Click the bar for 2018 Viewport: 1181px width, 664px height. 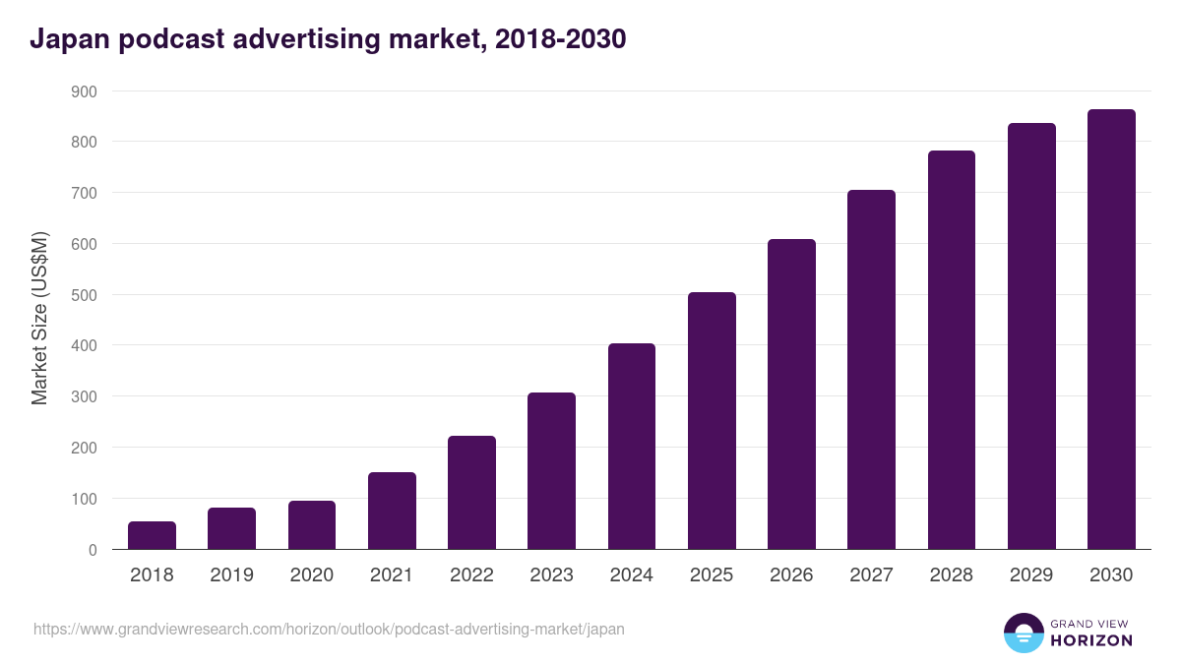coord(152,535)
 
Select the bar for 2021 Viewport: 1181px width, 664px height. coord(392,511)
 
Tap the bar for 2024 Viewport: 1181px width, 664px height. coord(632,447)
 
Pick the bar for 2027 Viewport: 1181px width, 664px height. coord(871,370)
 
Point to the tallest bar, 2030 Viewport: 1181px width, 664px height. coord(1111,330)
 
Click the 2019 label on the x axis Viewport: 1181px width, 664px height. coord(231,575)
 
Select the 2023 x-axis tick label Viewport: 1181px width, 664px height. coord(551,575)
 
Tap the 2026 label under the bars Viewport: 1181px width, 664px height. coord(791,575)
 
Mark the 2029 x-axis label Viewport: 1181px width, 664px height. coord(1031,575)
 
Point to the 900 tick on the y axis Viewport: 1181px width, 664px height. coord(84,91)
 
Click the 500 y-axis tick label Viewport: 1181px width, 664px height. coord(84,295)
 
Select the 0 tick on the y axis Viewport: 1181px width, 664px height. coord(92,550)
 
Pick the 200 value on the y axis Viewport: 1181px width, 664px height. coord(84,448)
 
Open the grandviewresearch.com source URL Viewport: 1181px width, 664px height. coord(329,629)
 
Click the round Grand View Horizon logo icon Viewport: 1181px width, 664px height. coord(1023,633)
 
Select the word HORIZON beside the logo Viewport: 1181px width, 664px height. coord(1091,640)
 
